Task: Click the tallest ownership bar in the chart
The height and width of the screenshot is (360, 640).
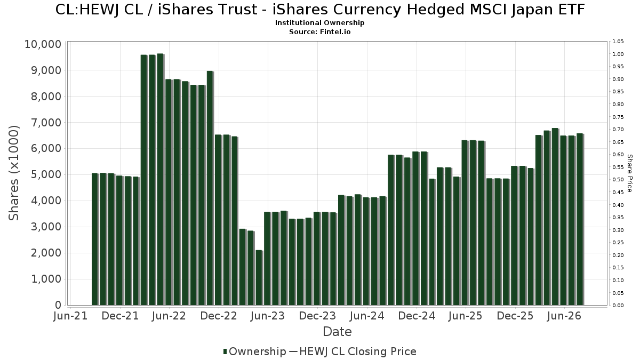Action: point(161,179)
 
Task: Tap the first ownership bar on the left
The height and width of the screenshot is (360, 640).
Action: point(95,239)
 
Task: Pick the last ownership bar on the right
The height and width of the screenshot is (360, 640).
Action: point(580,219)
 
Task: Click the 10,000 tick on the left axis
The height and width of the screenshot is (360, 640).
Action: point(43,44)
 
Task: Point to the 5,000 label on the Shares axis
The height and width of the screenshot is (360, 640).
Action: point(46,174)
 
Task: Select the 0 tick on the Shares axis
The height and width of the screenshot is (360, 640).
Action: point(58,305)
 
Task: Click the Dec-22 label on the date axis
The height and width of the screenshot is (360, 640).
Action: point(219,316)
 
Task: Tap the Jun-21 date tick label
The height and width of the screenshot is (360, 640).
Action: point(70,316)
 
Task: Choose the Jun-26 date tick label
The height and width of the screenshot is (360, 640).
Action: point(564,316)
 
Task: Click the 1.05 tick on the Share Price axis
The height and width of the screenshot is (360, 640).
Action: point(618,42)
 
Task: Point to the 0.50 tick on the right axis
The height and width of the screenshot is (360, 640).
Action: point(618,180)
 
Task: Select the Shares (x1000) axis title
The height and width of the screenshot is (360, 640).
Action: point(13,173)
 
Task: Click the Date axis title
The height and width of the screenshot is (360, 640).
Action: point(337,332)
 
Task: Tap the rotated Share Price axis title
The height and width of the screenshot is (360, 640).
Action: point(629,173)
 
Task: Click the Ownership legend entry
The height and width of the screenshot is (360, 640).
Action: point(254,351)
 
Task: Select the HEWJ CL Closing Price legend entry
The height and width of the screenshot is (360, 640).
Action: point(353,351)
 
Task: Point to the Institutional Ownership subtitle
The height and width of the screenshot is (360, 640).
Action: point(319,23)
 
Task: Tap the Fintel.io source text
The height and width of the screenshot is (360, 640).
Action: point(335,31)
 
